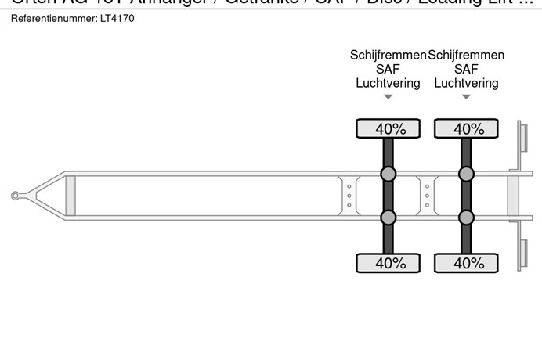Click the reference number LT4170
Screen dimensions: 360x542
click(x=117, y=18)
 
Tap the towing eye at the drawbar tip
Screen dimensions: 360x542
click(x=16, y=196)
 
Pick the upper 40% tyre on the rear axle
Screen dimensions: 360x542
click(x=467, y=129)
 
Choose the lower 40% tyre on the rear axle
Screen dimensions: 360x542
click(x=467, y=263)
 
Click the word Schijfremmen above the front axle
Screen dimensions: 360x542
click(x=388, y=55)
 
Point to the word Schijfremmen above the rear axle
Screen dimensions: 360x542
click(x=467, y=55)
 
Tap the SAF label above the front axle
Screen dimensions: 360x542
click(x=388, y=69)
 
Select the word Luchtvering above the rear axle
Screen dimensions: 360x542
click(x=467, y=83)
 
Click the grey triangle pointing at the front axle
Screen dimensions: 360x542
click(x=388, y=98)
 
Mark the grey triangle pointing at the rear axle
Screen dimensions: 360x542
click(x=467, y=98)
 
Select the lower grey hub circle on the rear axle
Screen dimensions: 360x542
click(x=467, y=217)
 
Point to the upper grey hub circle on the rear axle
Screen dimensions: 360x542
click(x=467, y=174)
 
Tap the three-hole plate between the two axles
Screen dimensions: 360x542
click(x=427, y=196)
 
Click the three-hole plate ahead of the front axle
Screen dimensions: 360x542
click(x=349, y=196)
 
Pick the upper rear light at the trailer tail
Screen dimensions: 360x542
click(x=521, y=142)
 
